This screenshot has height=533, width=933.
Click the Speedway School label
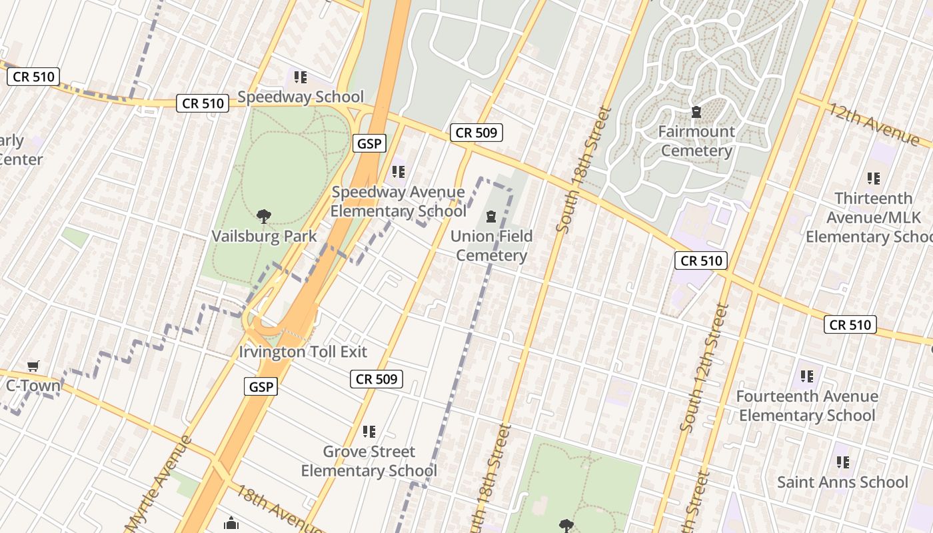pos(301,97)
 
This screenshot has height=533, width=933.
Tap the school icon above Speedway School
pos(301,77)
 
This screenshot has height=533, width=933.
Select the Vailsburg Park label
pos(264,236)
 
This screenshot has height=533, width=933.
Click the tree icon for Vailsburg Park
pos(264,216)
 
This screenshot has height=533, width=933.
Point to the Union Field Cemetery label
pos(492,246)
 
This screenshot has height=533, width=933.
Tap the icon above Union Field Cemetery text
pos(491,217)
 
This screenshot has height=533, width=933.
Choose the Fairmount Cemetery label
pos(696,141)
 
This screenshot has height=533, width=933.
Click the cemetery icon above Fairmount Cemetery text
pos(696,112)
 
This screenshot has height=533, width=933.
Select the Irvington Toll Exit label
pos(303,352)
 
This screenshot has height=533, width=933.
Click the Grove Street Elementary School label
pos(369,461)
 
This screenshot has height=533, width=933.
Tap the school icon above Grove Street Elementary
pos(369,432)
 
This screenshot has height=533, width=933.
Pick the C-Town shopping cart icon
pos(33,366)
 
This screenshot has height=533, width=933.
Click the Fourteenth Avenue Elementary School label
pos(807,406)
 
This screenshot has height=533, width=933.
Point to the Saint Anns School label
pos(842,482)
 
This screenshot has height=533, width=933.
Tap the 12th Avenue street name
pos(873,123)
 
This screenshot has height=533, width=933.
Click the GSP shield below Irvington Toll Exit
pos(260,386)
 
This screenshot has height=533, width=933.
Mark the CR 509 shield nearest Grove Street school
pos(377,379)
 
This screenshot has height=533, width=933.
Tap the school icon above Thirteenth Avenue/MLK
pos(873,179)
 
